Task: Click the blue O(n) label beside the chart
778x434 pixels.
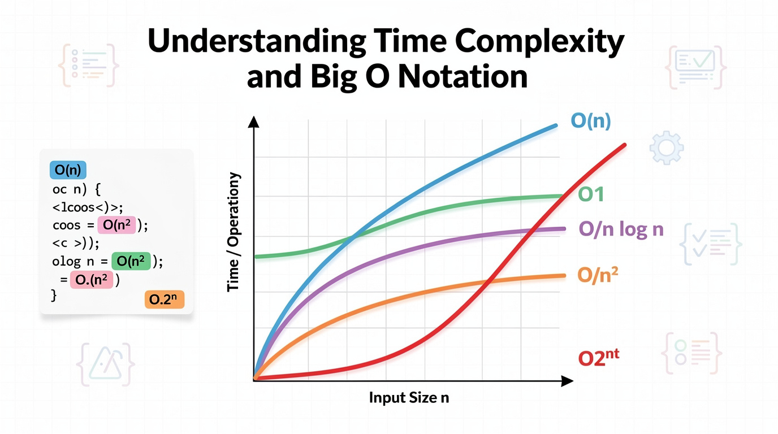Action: coord(591,121)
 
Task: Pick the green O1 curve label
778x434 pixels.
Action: coord(591,195)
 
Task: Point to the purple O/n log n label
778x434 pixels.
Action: coord(621,229)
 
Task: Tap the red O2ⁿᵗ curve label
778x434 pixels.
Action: coord(598,358)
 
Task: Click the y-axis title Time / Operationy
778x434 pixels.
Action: coord(234,232)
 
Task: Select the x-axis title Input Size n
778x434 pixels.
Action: coord(409,397)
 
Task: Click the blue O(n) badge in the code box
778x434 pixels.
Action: coord(68,170)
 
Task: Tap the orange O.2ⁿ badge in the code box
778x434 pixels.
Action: coord(165,300)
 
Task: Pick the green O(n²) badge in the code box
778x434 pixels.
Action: coord(131,262)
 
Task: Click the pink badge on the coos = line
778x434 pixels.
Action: coord(116,225)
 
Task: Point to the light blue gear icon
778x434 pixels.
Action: coord(667,147)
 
